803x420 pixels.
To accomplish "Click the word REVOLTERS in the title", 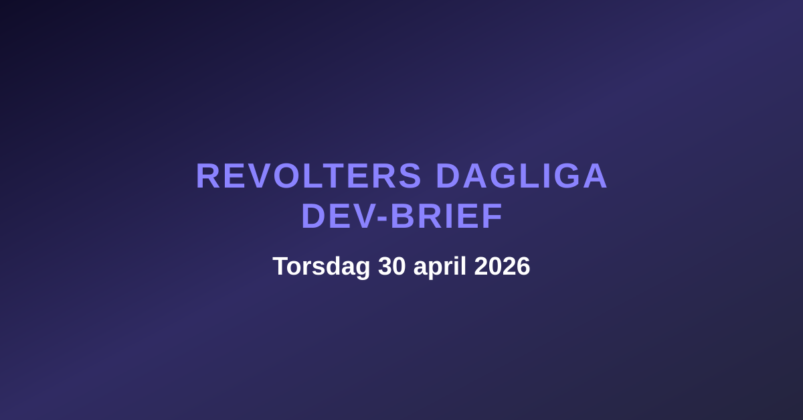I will pos(308,176).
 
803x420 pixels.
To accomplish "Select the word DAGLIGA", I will pos(521,176).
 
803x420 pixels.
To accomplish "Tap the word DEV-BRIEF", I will pos(402,216).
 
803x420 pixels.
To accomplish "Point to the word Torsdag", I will pos(321,267).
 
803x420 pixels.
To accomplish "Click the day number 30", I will pos(392,267).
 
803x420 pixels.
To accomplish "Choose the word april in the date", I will pos(440,267).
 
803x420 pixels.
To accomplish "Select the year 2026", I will pos(502,267).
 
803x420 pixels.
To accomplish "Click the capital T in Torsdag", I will pos(279,267).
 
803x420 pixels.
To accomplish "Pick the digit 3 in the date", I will pos(385,267).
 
